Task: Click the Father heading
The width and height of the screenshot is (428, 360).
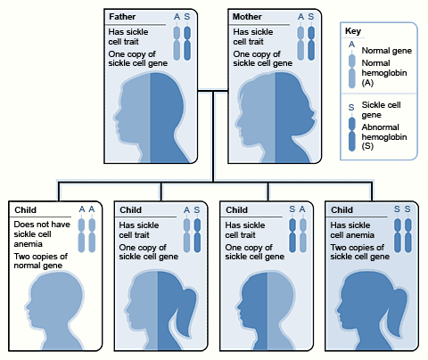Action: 122,17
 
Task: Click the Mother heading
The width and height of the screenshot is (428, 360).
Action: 247,17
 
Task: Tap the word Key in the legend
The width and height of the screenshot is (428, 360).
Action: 353,31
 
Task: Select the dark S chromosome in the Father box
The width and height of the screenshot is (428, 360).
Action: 187,44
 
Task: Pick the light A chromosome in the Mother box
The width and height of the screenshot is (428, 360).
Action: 300,44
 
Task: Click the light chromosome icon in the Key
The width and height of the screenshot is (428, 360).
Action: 352,71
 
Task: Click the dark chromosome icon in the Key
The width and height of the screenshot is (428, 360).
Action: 352,135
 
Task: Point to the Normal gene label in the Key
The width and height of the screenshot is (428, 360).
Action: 387,51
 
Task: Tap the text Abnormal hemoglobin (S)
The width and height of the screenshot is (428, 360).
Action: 384,136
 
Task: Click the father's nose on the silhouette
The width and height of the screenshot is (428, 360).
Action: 116,114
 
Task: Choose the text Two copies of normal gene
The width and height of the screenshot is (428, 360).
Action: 41,261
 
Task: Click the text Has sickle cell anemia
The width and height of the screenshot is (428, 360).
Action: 352,230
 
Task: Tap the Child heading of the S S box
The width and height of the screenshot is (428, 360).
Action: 342,210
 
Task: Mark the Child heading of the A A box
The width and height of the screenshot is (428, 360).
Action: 25,210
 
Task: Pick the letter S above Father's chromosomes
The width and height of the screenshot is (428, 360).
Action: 187,17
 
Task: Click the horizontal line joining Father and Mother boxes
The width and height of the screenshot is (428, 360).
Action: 213,91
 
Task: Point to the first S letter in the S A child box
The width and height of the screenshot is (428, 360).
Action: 292,209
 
